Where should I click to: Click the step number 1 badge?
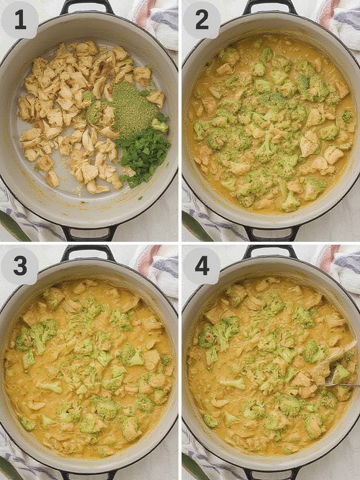click(20, 20)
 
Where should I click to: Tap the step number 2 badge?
click(202, 20)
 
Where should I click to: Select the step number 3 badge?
click(20, 266)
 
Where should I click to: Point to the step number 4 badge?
click(202, 266)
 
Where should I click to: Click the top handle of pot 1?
click(87, 5)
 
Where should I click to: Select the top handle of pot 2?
click(270, 5)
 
